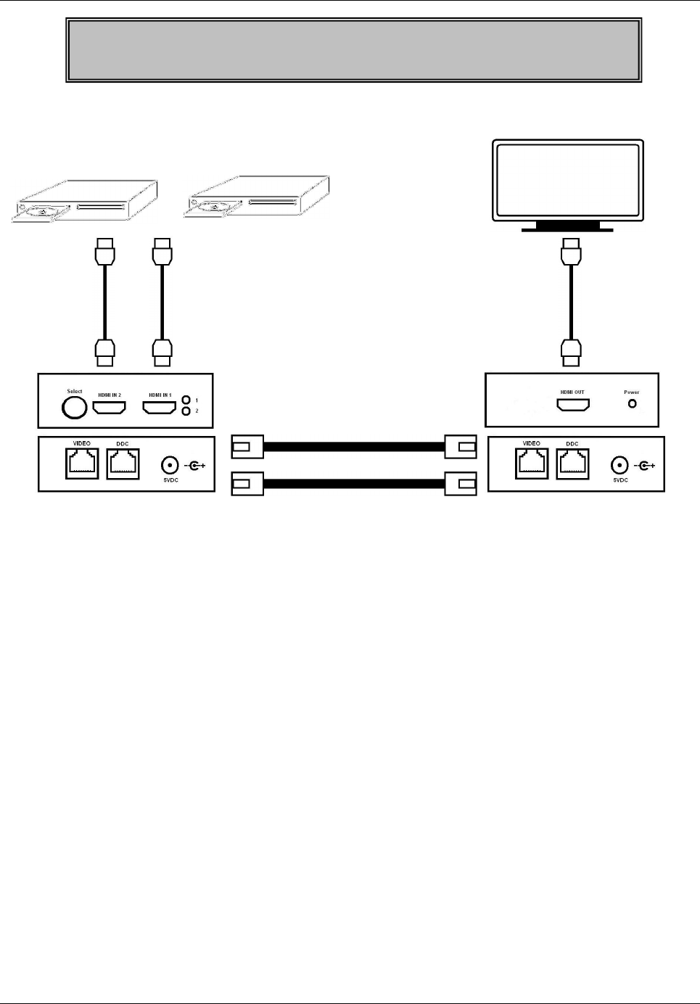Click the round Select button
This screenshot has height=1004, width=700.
74,408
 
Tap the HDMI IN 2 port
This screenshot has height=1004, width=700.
110,408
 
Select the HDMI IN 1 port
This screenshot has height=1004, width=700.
160,408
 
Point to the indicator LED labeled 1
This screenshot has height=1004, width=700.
186,400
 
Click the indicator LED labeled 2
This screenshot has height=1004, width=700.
186,411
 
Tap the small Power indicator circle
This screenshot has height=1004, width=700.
632,403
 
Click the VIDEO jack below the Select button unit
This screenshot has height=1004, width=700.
82,464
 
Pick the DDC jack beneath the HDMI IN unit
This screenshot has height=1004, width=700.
123,464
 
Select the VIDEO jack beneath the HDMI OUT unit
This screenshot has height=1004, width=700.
532,464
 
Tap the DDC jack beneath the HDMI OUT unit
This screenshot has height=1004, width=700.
572,464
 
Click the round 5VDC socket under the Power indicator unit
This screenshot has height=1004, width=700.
619,465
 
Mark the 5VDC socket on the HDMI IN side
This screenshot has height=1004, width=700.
170,465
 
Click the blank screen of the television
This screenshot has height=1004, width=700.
567,179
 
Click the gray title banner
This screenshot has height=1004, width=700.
353,50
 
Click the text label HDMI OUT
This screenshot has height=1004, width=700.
572,392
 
